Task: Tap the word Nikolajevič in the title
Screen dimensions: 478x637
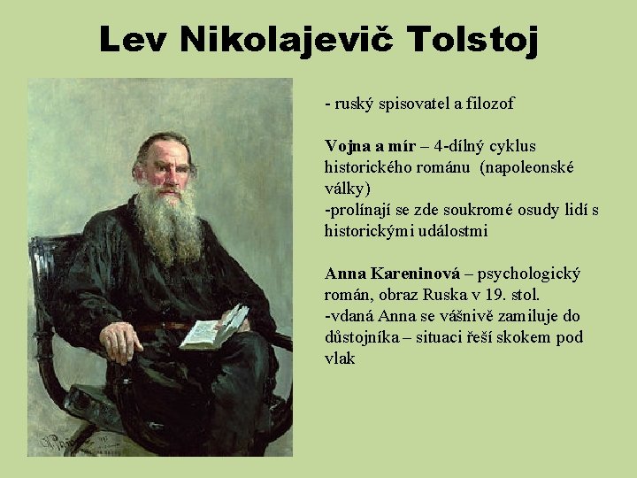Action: pos(282,39)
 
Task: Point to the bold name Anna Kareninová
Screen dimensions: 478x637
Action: pos(392,273)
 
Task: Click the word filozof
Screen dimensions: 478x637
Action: pos(483,104)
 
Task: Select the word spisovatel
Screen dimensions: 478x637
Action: pos(407,104)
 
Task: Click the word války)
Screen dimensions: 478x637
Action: pos(348,188)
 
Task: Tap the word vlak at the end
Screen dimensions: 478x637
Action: pos(340,358)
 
